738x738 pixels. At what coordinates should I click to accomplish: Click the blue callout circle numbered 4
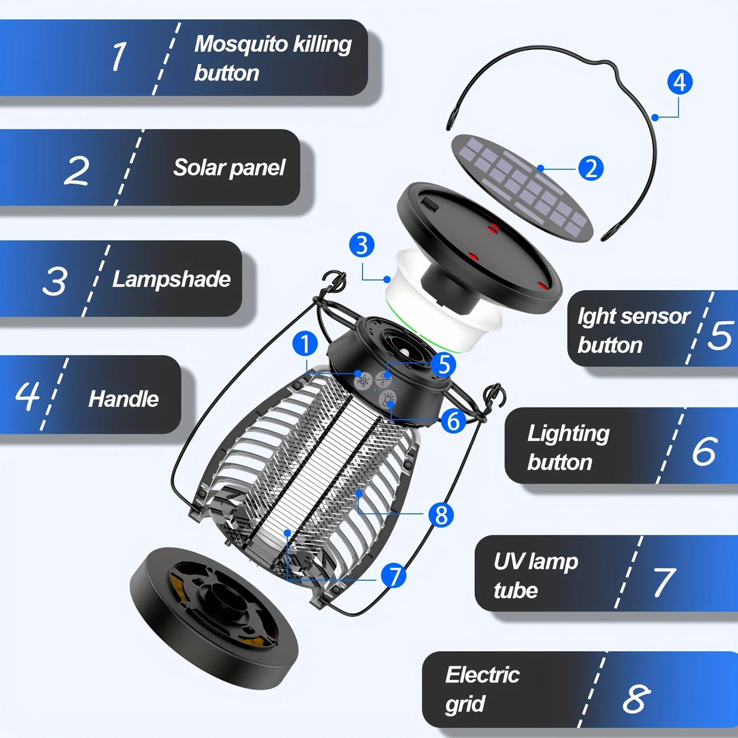pyautogui.click(x=680, y=82)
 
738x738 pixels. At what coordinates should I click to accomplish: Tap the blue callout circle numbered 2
pyautogui.click(x=590, y=169)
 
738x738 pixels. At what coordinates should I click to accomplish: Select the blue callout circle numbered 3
pyautogui.click(x=362, y=245)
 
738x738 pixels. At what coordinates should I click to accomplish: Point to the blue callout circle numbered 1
pyautogui.click(x=305, y=344)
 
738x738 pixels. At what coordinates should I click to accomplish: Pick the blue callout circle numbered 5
pyautogui.click(x=443, y=364)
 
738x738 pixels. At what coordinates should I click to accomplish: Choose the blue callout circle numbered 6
pyautogui.click(x=453, y=421)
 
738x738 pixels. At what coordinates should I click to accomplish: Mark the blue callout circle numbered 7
pyautogui.click(x=393, y=576)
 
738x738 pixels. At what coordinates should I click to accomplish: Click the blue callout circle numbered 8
pyautogui.click(x=441, y=515)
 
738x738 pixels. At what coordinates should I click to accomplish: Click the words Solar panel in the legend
pyautogui.click(x=229, y=167)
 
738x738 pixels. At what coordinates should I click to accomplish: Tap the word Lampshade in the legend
pyautogui.click(x=171, y=279)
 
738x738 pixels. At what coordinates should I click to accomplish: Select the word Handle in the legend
pyautogui.click(x=123, y=399)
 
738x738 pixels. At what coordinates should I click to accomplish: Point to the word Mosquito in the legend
pyautogui.click(x=241, y=44)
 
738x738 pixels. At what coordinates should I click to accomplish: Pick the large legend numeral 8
pyautogui.click(x=636, y=698)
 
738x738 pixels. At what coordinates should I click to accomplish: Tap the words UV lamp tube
pyautogui.click(x=535, y=576)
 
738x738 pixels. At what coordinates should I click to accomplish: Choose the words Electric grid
pyautogui.click(x=481, y=689)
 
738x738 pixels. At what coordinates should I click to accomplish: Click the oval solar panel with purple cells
pyautogui.click(x=522, y=187)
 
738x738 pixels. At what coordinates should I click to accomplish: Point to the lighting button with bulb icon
pyautogui.click(x=388, y=399)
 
